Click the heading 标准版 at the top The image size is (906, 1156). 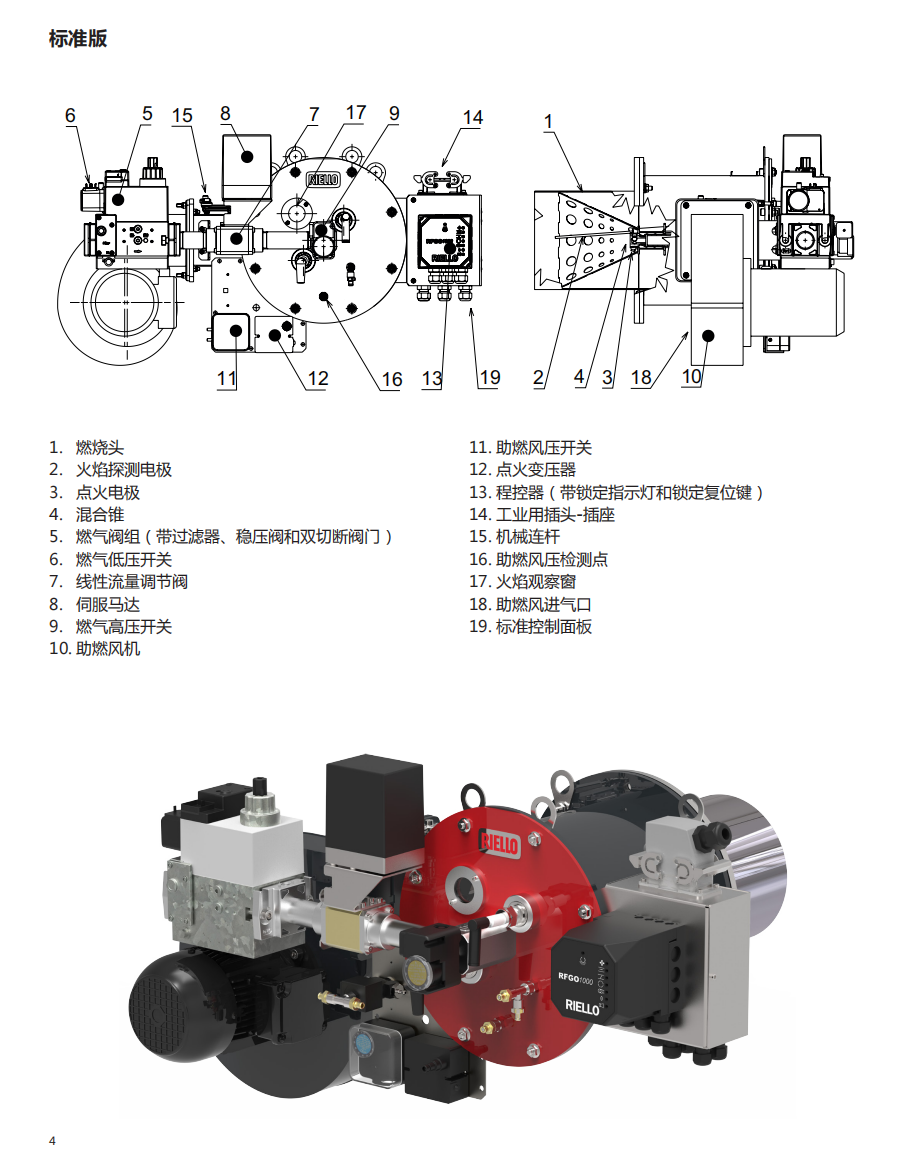(x=78, y=38)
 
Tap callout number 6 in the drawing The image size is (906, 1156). (x=70, y=116)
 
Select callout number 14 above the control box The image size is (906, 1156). (x=473, y=118)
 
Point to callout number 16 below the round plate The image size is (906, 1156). (x=391, y=380)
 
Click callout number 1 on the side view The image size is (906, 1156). (x=548, y=122)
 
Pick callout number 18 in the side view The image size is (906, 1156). (x=641, y=378)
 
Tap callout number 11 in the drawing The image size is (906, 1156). (x=226, y=379)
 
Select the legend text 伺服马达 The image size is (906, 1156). (x=108, y=605)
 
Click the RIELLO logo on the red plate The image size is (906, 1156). (x=500, y=843)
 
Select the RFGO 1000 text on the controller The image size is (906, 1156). (x=575, y=978)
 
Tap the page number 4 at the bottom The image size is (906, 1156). (x=52, y=1141)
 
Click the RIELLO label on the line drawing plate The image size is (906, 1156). (x=323, y=179)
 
